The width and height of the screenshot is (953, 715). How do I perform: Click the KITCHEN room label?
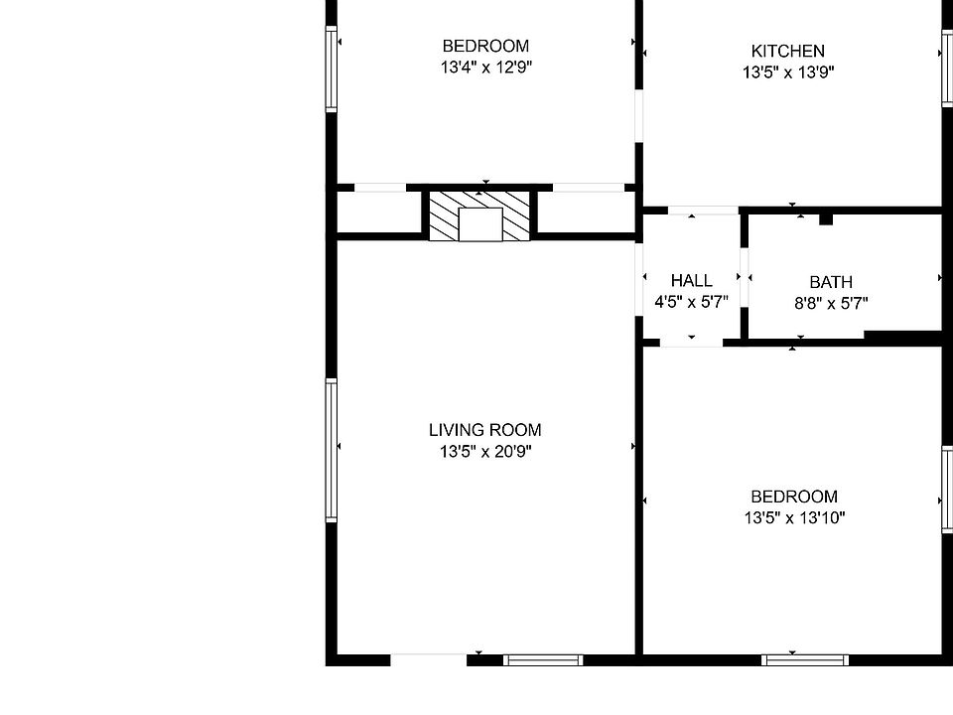coord(787,51)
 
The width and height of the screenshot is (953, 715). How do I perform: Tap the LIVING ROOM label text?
coord(485,430)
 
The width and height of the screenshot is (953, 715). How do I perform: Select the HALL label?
coord(692,280)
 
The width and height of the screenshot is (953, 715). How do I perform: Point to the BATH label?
coord(831,282)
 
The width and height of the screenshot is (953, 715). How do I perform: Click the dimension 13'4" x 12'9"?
coord(486,67)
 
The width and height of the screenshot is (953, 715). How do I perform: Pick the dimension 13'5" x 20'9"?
coord(485,451)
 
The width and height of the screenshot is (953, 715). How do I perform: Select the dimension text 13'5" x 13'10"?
coord(794,517)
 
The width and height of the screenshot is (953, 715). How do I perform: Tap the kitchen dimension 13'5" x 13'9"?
coord(788,72)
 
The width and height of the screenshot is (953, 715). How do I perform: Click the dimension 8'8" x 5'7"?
coord(831,303)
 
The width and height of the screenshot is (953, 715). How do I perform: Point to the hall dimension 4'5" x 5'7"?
coord(692,302)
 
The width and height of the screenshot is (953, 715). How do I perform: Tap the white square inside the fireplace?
coord(480,224)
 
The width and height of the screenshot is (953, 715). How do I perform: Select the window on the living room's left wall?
coord(332,450)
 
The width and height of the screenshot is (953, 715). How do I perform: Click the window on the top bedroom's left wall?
coord(332,69)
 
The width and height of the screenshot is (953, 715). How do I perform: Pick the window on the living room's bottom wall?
coord(543,660)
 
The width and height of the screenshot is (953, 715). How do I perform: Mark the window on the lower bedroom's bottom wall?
coord(805,660)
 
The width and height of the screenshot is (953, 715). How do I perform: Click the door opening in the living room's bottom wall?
coord(429,659)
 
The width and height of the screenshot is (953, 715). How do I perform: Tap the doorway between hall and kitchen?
coord(703,211)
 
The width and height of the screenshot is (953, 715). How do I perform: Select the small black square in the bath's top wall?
coord(825,219)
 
